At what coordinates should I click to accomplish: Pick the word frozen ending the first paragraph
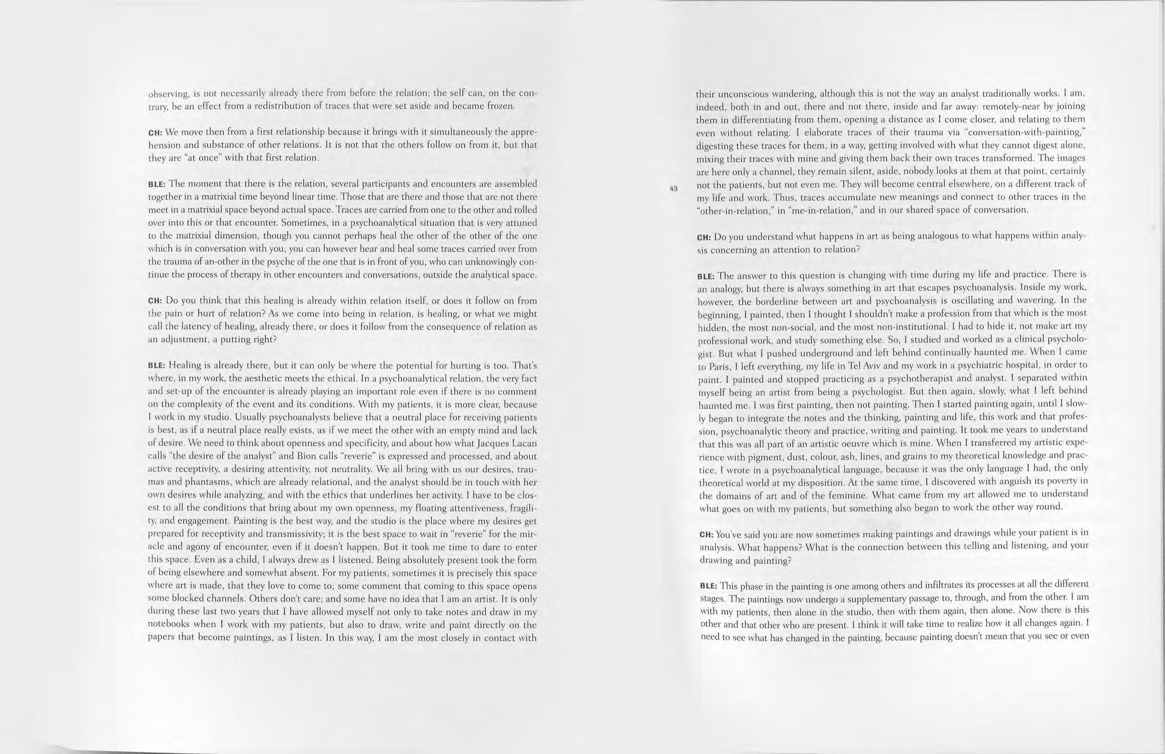click(x=500, y=106)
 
